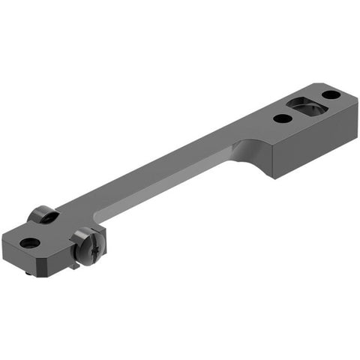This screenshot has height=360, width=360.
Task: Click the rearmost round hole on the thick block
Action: point(330,94)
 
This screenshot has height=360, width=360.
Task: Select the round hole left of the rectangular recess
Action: point(282,118)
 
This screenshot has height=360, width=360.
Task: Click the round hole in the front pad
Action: point(29,242)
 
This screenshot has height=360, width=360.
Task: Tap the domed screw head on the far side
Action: point(43,215)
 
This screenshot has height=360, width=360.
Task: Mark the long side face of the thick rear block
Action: point(315,143)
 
